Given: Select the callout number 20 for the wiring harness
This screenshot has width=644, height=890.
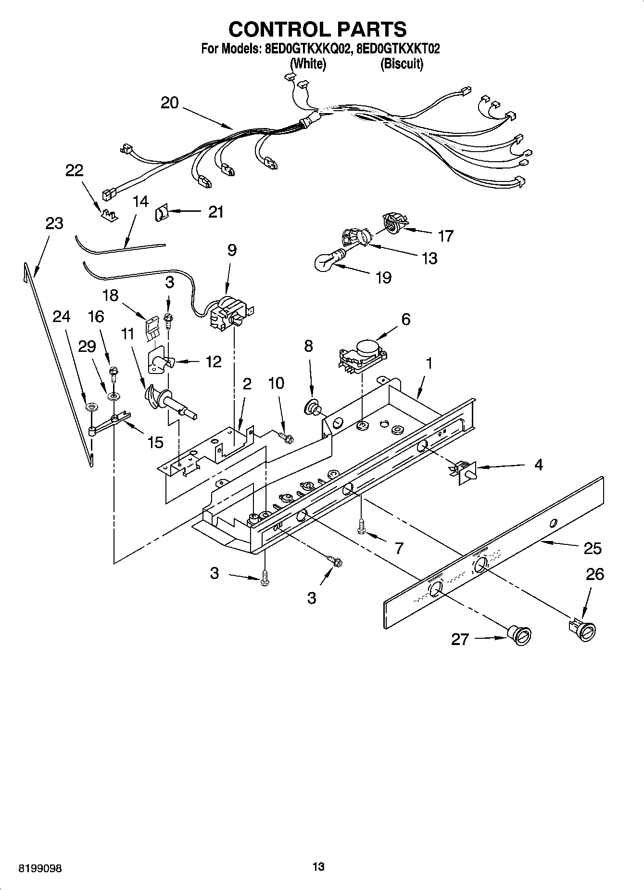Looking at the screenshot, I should click(x=169, y=103).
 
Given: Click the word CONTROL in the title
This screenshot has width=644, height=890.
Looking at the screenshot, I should click(x=272, y=29).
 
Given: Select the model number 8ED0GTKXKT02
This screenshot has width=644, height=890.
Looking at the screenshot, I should click(x=398, y=49).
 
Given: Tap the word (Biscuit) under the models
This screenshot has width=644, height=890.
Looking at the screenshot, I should click(x=402, y=64).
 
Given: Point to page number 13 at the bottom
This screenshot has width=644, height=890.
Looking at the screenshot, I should click(x=318, y=867).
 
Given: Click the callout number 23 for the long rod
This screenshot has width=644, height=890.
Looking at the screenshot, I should click(x=54, y=223).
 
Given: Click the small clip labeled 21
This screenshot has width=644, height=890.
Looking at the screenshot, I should click(x=160, y=213).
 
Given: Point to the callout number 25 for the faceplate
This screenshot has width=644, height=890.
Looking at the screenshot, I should click(x=593, y=548).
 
